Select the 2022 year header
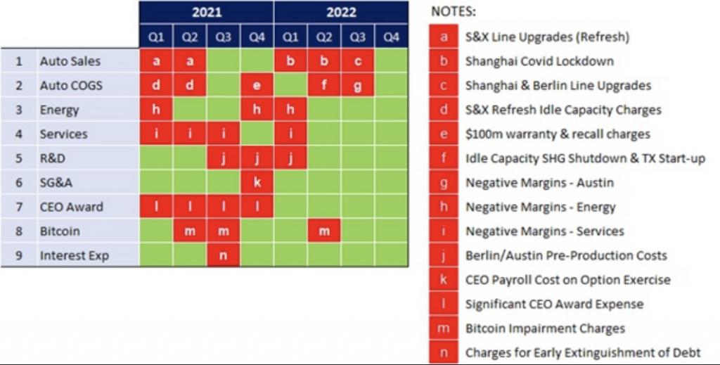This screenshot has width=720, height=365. tap(341, 12)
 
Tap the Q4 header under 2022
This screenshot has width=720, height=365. tap(391, 37)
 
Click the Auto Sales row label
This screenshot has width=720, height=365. tap(70, 61)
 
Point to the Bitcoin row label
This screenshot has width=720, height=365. tap(60, 231)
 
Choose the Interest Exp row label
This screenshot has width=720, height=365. tap(75, 255)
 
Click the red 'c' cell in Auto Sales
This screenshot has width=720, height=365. tap(357, 61)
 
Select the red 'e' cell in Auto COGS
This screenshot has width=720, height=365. tap(257, 86)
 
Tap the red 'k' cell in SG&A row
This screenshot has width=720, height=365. tap(257, 182)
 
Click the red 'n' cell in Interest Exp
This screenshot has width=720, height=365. tap(223, 255)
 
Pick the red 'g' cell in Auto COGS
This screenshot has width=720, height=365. tap(357, 86)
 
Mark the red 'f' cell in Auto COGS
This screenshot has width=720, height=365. tap(324, 86)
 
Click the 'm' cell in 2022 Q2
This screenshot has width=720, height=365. tap(324, 231)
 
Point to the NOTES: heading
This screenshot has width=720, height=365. tap(453, 12)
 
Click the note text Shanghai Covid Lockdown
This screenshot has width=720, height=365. tap(539, 61)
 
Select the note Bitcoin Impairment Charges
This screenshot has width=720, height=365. tap(545, 328)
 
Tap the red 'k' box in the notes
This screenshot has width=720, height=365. tap(443, 280)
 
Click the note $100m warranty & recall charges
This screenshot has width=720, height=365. tap(558, 134)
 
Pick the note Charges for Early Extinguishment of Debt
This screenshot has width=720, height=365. tap(583, 352)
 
